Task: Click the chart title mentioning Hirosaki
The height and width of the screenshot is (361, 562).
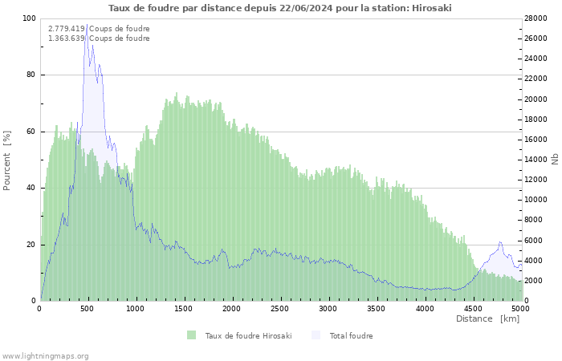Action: click(x=280, y=8)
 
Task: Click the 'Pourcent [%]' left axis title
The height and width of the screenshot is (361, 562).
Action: click(x=7, y=160)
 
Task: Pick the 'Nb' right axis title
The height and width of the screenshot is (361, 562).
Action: click(x=554, y=159)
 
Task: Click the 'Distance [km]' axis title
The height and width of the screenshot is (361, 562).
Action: click(x=487, y=318)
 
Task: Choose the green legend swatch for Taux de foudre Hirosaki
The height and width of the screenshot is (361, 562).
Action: click(x=191, y=335)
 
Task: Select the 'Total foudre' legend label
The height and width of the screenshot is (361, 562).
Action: click(x=351, y=335)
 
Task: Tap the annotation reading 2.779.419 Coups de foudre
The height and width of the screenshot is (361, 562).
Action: click(x=99, y=29)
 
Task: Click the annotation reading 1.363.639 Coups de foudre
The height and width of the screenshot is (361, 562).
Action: click(x=99, y=39)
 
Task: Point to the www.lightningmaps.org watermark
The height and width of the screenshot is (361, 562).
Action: click(x=45, y=355)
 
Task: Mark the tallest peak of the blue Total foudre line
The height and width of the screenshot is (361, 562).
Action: click(x=87, y=26)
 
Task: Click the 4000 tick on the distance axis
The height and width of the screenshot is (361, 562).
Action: click(x=425, y=308)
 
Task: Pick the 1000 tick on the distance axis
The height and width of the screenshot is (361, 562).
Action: click(x=136, y=308)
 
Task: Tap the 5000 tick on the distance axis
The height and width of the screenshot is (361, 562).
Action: click(x=520, y=308)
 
